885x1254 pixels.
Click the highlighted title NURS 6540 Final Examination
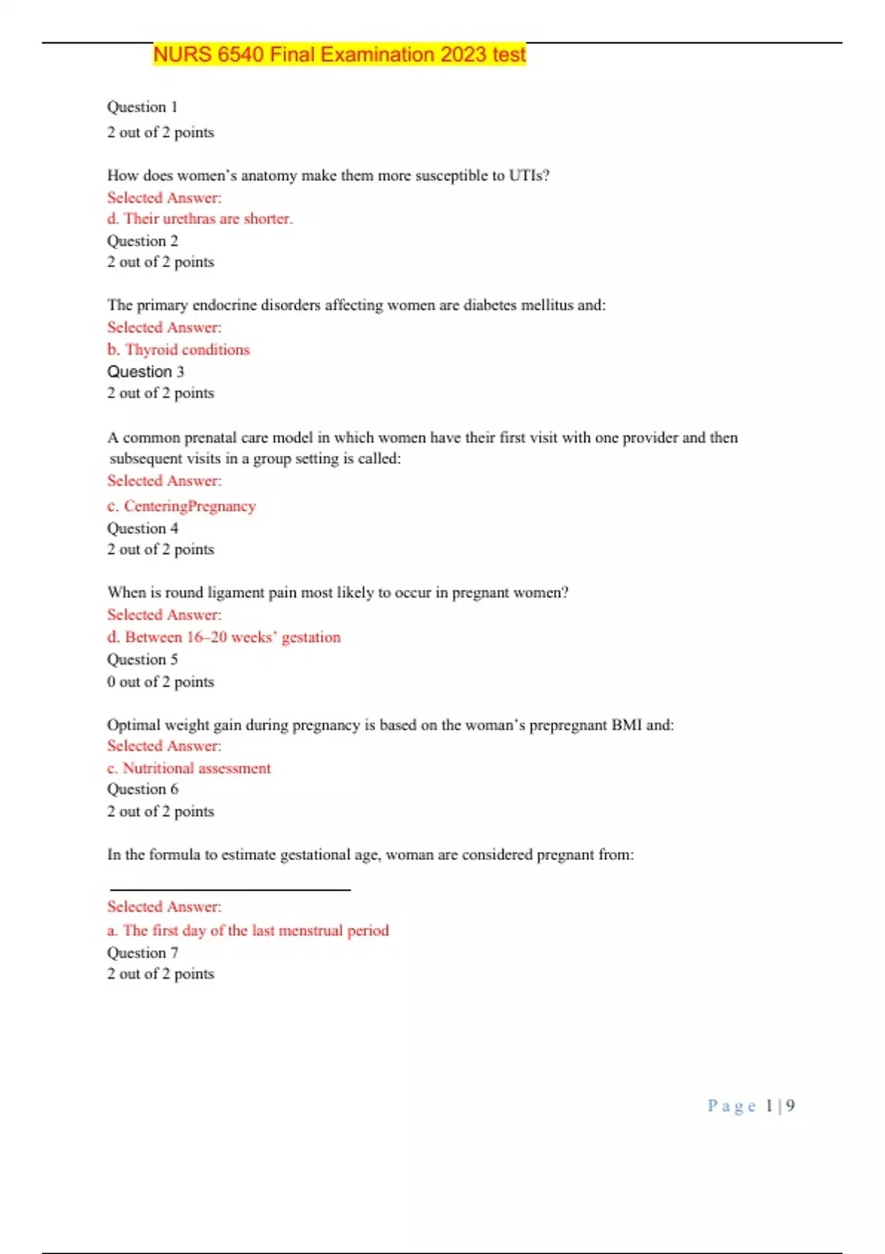[339, 55]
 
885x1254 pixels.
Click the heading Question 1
[142, 107]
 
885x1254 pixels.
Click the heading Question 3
[145, 372]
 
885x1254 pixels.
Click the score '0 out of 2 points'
[160, 682]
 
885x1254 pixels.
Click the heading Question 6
[142, 789]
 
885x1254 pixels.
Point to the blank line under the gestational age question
[229, 890]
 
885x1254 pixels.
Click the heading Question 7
[142, 953]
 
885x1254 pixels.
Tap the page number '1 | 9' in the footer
[780, 1106]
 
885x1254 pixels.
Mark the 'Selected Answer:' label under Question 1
[164, 198]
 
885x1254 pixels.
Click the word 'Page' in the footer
[732, 1106]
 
